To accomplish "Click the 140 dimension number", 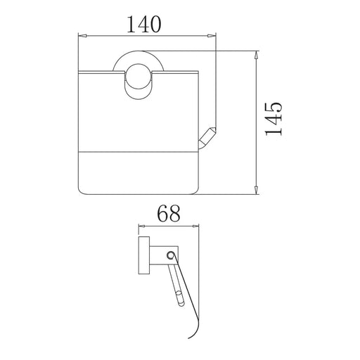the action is point(144,24).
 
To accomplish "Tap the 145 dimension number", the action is point(274,120).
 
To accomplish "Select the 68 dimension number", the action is point(169,214).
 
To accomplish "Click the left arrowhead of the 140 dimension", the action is point(82,36).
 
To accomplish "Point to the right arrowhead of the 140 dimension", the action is point(211,36).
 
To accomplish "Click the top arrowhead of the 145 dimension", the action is point(257,56).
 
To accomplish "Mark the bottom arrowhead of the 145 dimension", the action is point(257,189).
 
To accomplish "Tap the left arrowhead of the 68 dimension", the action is point(142,226).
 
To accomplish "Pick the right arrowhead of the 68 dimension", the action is point(195,226).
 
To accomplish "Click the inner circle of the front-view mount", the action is point(138,77).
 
